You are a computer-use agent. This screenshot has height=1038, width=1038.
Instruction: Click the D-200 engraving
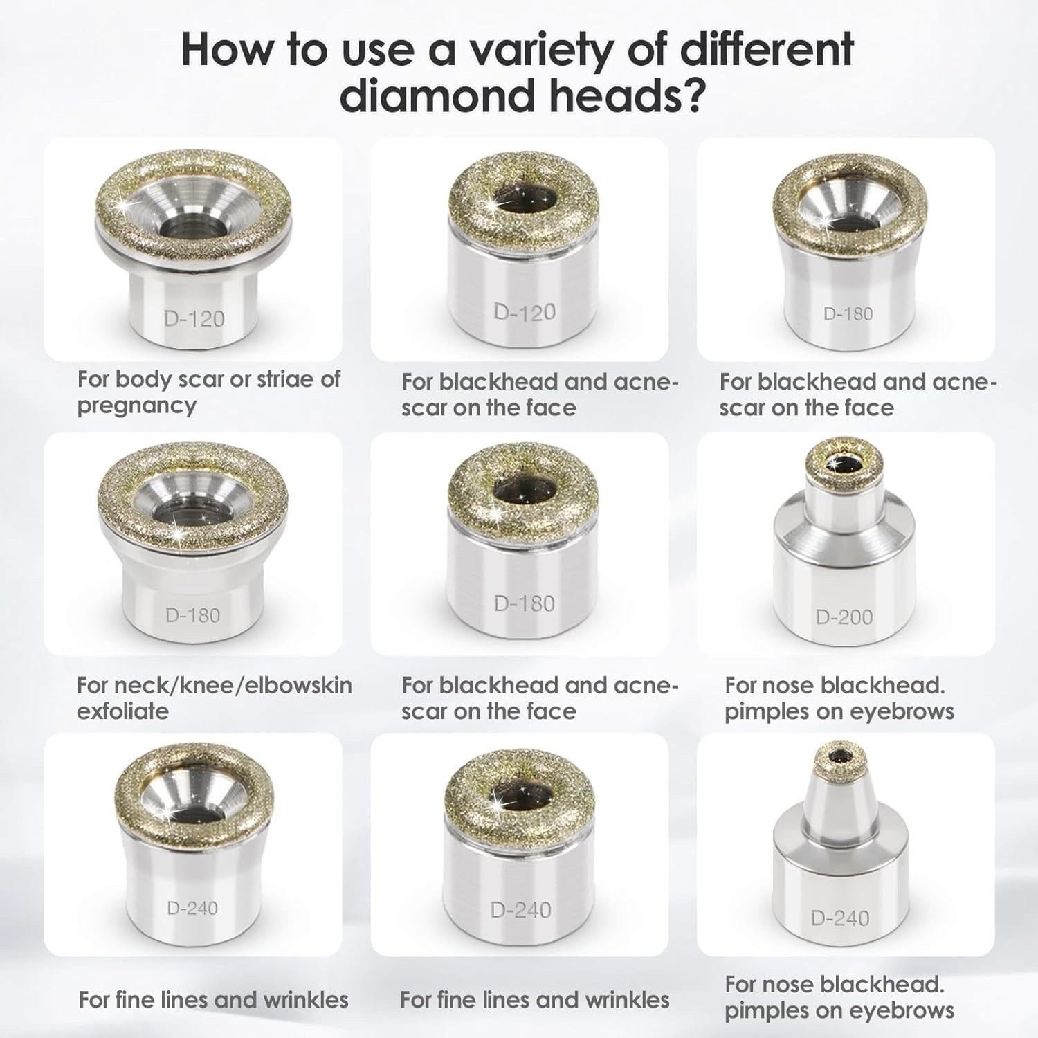coord(844,617)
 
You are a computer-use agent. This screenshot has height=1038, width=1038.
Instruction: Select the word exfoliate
coord(122,711)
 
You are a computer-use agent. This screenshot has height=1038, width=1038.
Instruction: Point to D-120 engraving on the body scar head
coord(194,319)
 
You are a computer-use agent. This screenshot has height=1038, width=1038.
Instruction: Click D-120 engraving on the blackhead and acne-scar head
coord(525,312)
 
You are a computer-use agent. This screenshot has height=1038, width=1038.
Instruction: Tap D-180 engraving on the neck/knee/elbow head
coord(193,614)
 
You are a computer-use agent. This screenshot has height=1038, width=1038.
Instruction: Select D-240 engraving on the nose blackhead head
coord(840,918)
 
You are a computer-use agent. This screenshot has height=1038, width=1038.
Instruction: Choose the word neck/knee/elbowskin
coord(215,685)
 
